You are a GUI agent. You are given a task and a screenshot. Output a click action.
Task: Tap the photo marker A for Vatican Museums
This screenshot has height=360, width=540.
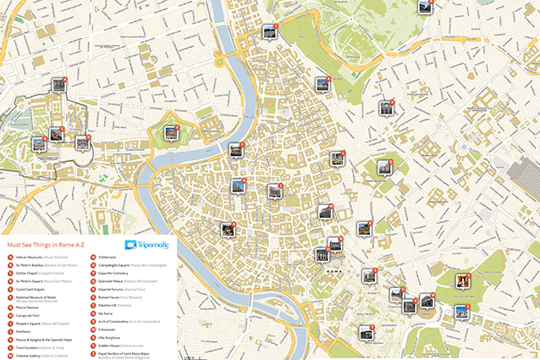[x=58, y=84]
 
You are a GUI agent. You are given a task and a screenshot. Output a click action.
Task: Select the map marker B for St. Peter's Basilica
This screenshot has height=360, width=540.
[x=40, y=144]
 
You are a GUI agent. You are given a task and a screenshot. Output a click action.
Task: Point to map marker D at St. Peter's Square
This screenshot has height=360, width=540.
[x=82, y=142]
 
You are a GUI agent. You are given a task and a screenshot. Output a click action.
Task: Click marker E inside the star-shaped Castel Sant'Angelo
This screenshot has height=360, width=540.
[x=170, y=133]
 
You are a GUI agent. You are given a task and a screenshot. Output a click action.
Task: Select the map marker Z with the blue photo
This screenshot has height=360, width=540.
[x=461, y=311]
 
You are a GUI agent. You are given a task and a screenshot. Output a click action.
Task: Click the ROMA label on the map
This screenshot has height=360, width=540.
[x=333, y=270]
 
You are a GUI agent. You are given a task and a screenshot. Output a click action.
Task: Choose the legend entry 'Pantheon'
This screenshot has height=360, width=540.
[x=25, y=331]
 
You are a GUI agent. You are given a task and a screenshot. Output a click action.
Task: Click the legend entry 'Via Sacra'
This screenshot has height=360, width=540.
[x=107, y=313]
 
